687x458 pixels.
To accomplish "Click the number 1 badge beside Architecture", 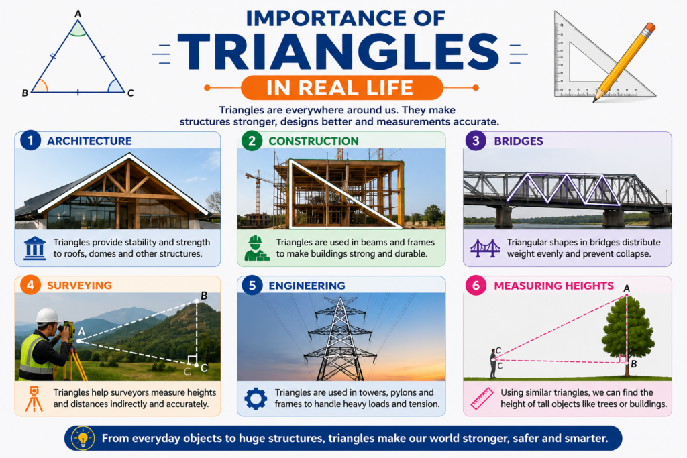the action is [30, 141].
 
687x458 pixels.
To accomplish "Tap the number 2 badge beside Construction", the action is [252, 141].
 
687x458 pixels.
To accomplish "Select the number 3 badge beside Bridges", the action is [476, 141].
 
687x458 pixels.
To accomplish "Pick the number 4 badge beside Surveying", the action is [30, 285].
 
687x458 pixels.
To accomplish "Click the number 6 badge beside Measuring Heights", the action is [476, 286].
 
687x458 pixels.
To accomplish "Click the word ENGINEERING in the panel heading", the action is [307, 286].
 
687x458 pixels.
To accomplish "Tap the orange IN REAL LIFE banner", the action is [341, 88].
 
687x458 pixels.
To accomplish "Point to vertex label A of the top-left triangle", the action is [78, 14].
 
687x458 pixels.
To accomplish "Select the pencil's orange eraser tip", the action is [649, 27].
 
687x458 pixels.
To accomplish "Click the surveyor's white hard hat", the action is [48, 316].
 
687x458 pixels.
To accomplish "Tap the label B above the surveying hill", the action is [204, 296].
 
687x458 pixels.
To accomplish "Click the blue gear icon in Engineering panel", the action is [256, 398].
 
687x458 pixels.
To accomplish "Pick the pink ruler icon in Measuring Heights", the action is [482, 398].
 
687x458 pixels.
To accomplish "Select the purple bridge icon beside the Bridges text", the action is [485, 248].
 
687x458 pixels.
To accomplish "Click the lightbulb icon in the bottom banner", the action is [83, 438].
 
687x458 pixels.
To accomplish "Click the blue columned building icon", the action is [35, 248].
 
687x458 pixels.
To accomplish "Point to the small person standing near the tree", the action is [493, 363].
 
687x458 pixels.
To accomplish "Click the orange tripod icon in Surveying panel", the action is [34, 398].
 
